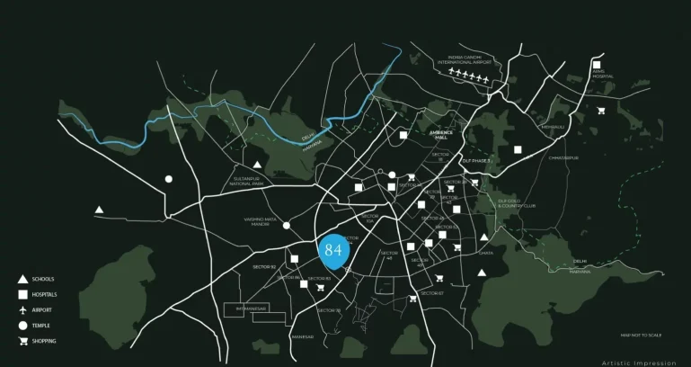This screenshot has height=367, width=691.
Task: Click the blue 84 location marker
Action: tap(333, 250)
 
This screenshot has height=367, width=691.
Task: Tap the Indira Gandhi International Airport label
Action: tap(470, 60)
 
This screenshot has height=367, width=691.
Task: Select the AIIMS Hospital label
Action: tap(602, 75)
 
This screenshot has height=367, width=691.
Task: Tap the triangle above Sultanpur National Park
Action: tap(257, 165)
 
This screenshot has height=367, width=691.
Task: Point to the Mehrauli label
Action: tap(552, 127)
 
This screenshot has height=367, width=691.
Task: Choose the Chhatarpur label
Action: tap(563, 157)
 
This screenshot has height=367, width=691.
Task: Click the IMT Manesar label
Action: tap(252, 309)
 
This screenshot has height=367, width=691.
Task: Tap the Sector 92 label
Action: tap(263, 267)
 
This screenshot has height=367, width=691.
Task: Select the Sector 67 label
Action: tap(432, 293)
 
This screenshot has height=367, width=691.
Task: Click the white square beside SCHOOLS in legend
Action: tap(22, 294)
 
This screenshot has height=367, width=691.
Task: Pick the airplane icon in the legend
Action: tap(22, 309)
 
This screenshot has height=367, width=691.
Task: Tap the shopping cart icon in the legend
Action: tap(22, 341)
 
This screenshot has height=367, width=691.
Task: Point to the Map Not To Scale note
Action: tap(641, 335)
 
